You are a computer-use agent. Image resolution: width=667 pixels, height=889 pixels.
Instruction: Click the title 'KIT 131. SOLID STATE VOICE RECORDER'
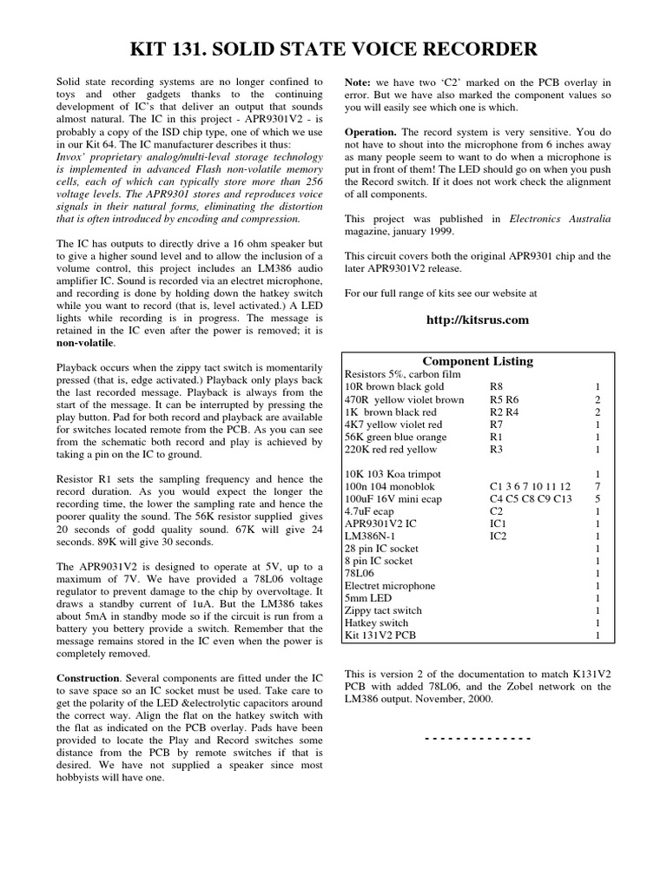point(333,49)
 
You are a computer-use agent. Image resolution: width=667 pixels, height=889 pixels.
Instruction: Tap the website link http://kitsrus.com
point(478,319)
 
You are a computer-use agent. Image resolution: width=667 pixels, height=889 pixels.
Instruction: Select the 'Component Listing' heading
point(477,361)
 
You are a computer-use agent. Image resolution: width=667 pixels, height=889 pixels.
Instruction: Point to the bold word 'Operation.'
point(372,132)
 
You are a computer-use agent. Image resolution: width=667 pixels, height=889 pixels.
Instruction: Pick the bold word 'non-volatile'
point(89,343)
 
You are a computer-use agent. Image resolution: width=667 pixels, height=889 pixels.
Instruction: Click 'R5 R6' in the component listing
point(505,399)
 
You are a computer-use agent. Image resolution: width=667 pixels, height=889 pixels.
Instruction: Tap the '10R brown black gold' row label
point(394,387)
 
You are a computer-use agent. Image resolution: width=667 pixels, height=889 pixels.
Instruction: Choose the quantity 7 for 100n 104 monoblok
point(597,486)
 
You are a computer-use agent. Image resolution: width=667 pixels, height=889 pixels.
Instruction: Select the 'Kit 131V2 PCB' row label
point(380,635)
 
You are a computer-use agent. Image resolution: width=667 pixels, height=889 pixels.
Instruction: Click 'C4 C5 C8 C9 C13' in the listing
point(531,498)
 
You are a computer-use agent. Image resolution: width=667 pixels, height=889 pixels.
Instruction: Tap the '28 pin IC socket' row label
point(382,549)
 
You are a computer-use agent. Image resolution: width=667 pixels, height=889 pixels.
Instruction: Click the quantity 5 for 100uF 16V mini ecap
point(597,498)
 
